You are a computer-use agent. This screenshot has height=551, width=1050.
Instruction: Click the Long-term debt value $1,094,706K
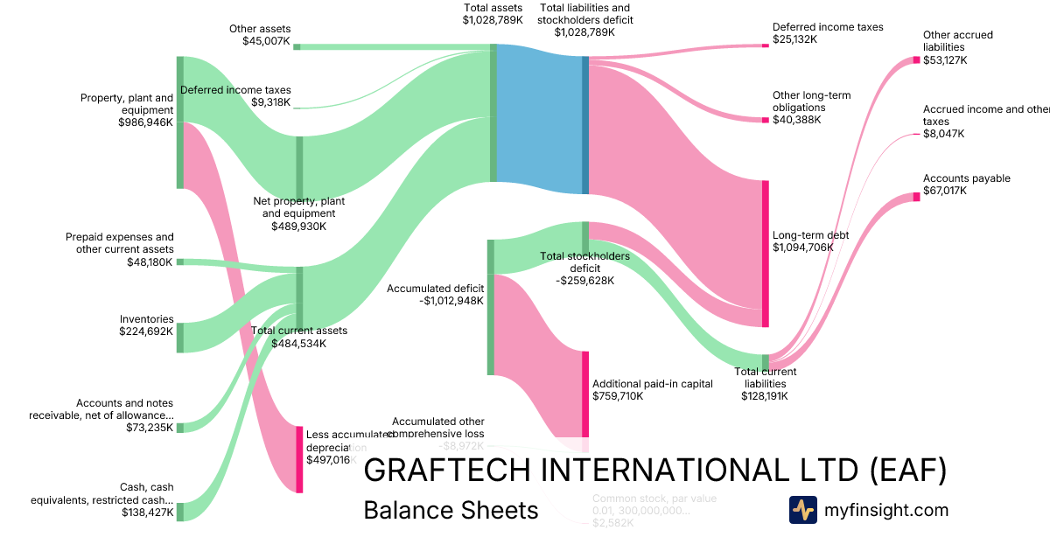click(802, 248)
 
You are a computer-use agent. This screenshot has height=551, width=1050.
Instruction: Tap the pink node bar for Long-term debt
click(765, 254)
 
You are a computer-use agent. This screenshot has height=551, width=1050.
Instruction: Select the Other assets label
click(260, 29)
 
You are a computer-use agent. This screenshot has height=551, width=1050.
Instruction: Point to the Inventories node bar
click(180, 338)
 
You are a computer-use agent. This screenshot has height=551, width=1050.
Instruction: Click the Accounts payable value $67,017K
click(944, 191)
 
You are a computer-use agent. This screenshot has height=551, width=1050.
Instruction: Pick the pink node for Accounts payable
click(916, 197)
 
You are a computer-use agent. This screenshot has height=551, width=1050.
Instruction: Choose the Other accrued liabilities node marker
click(916, 59)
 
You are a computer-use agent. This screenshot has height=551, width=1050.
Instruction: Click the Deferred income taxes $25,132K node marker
click(765, 45)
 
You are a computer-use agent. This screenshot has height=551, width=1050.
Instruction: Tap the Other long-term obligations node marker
click(765, 119)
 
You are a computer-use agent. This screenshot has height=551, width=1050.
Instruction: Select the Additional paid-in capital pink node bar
click(585, 394)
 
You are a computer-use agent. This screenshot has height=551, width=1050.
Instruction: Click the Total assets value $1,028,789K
click(493, 19)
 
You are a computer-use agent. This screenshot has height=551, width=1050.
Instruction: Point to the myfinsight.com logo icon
click(802, 510)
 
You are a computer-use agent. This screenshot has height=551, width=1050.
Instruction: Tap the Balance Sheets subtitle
click(451, 510)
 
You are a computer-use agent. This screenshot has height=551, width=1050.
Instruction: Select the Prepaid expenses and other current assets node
click(180, 262)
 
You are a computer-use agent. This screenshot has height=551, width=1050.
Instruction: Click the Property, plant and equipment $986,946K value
click(145, 123)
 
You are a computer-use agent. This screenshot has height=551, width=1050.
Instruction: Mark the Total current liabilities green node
click(765, 362)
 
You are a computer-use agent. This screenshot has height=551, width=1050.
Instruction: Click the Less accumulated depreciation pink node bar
click(299, 460)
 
